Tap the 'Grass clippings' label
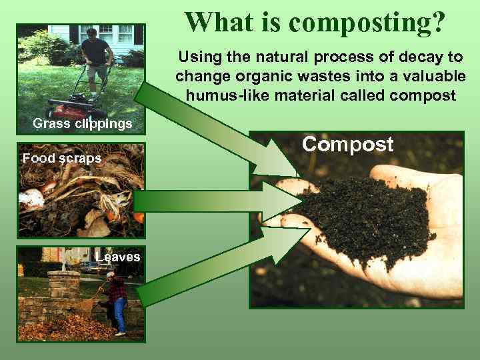(x=83, y=123)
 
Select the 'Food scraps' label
(x=62, y=159)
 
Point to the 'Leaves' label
(x=118, y=257)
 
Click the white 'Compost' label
(x=348, y=145)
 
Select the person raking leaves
(x=117, y=300)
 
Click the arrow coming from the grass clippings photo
(x=220, y=133)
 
